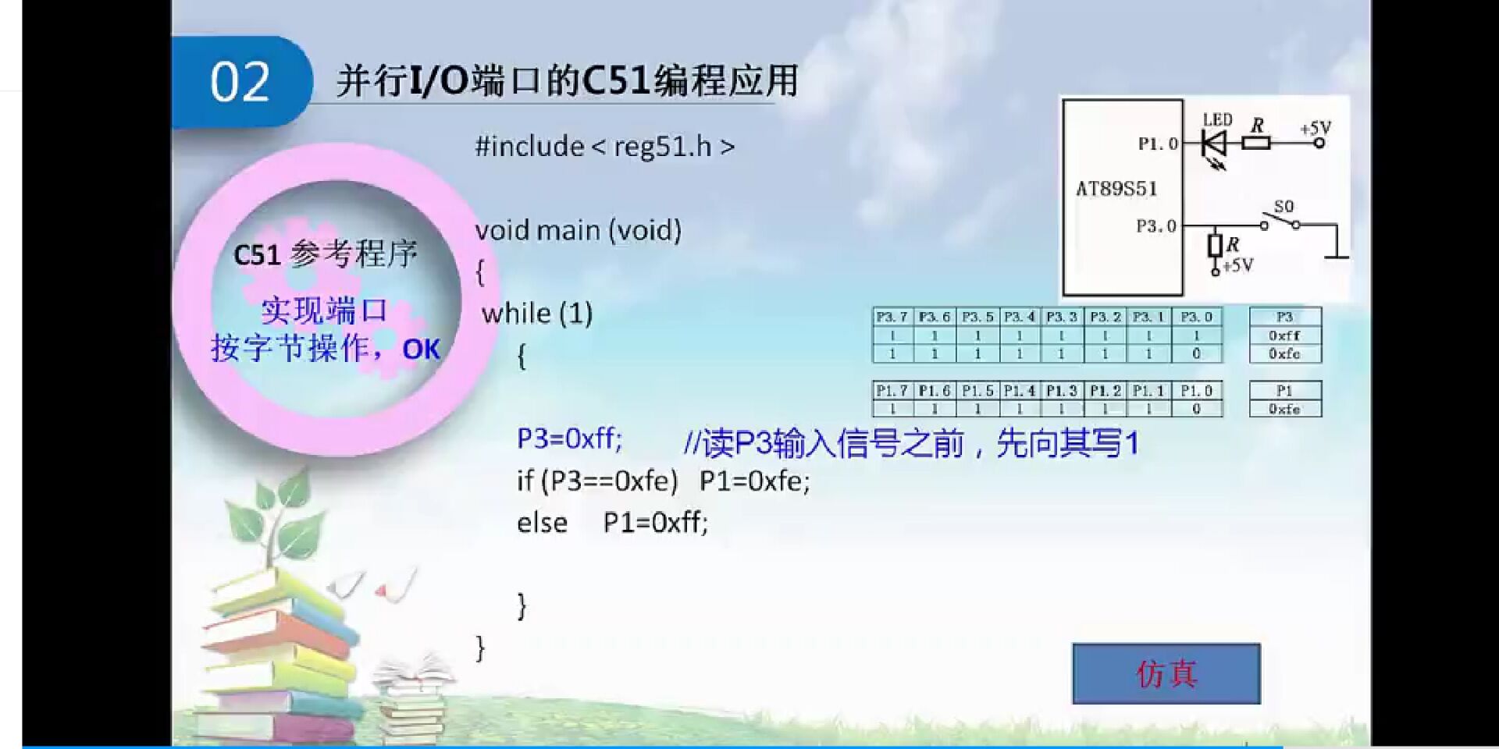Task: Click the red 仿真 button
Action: [x=1166, y=674]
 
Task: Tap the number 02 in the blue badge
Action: [x=240, y=82]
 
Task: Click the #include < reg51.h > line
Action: [x=604, y=147]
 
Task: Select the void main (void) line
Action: [x=578, y=230]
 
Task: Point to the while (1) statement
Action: [x=537, y=314]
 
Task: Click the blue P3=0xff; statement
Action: [x=569, y=439]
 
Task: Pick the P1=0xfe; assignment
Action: [x=754, y=481]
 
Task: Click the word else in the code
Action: [x=542, y=523]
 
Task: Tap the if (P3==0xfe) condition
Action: [x=597, y=481]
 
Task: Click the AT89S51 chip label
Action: [x=1116, y=189]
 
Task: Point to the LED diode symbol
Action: [x=1215, y=144]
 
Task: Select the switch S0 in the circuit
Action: [x=1280, y=218]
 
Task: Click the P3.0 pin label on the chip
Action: [x=1155, y=226]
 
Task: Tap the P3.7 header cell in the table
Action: [x=892, y=317]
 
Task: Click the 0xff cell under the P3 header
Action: [x=1284, y=335]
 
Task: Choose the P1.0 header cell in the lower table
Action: [x=1196, y=391]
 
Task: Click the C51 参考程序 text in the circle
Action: [x=326, y=254]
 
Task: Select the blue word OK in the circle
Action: [x=421, y=350]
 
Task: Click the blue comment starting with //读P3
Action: [x=910, y=444]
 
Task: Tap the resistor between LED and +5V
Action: [x=1255, y=143]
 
